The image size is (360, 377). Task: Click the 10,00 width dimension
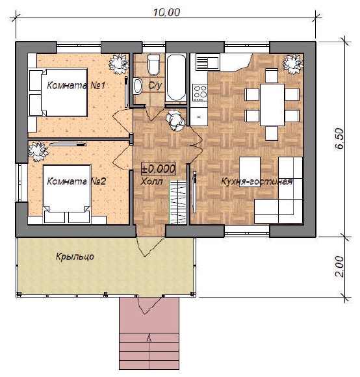[x=166, y=12]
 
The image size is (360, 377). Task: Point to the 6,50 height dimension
[x=340, y=138]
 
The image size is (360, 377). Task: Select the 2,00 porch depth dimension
[x=339, y=266]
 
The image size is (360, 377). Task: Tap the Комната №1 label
[x=76, y=85]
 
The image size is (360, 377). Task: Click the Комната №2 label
[x=76, y=181]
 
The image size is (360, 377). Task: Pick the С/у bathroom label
[x=155, y=85]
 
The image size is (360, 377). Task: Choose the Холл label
[x=151, y=181]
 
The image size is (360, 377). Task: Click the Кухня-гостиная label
[x=257, y=181]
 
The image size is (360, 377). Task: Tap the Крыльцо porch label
[x=75, y=257]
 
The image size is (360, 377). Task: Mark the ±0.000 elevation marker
[x=158, y=169]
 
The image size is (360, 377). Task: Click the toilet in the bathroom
[x=153, y=64]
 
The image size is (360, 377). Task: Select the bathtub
[x=176, y=78]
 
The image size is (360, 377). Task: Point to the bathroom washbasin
[x=138, y=86]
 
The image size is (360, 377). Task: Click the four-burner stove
[x=199, y=92]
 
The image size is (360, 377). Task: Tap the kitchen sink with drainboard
[x=208, y=62]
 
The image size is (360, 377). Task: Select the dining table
[x=272, y=105]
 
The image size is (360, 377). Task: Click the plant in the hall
[x=175, y=120]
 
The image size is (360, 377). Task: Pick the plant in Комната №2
[x=38, y=151]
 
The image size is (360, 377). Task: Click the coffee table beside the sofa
[x=250, y=168]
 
